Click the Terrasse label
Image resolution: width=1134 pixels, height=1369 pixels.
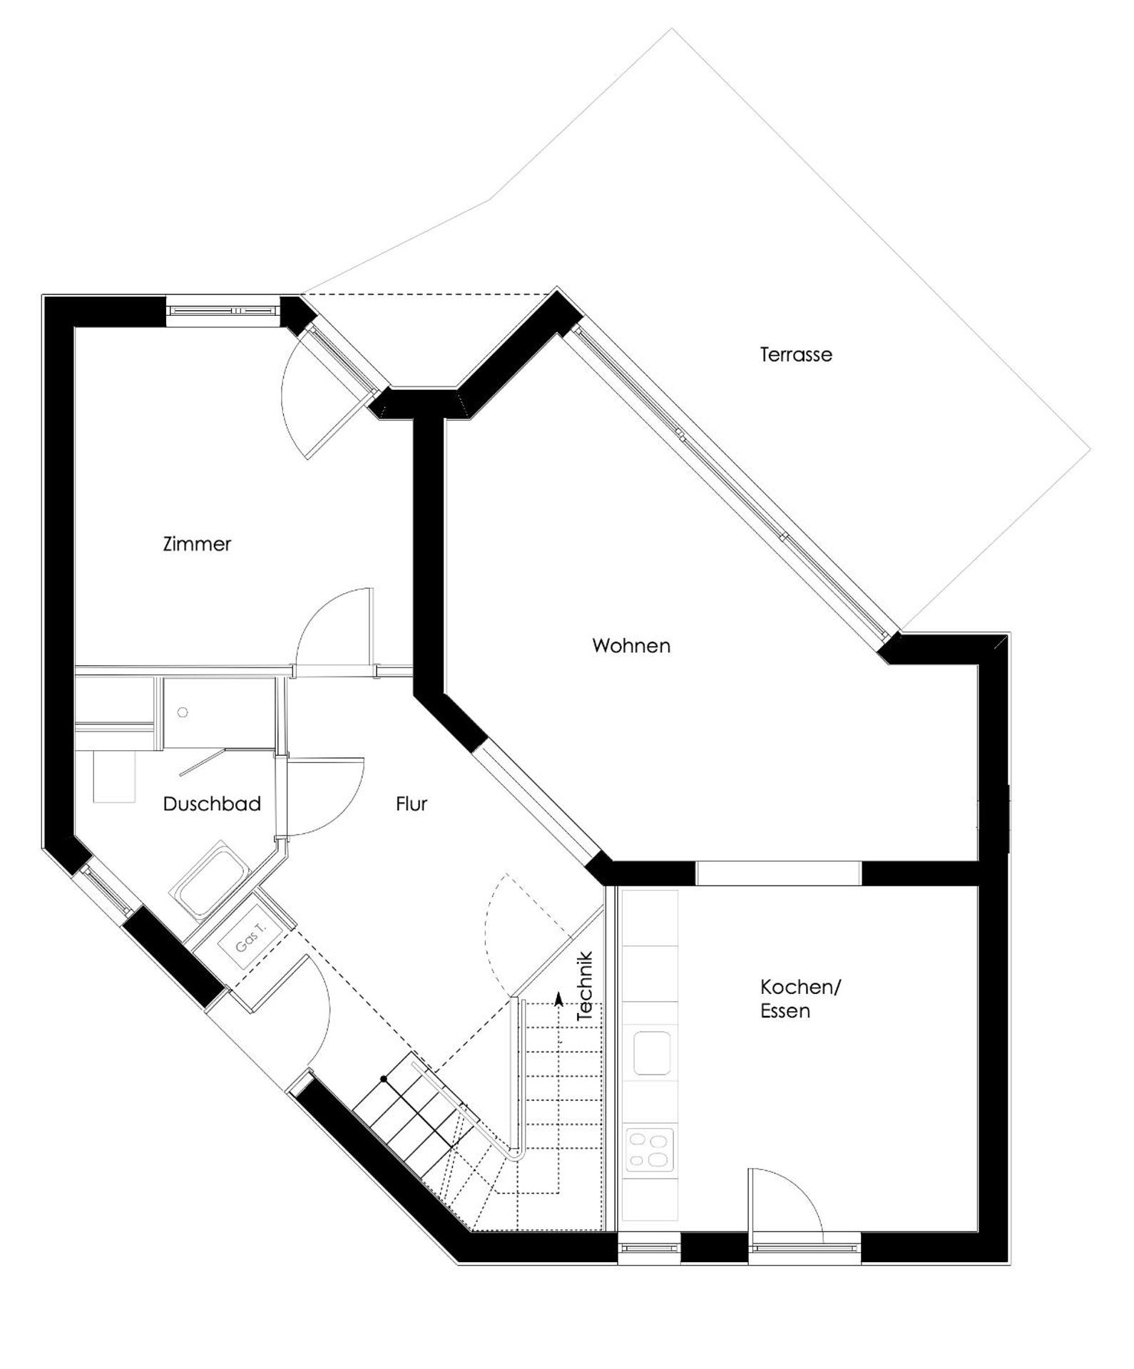(796, 354)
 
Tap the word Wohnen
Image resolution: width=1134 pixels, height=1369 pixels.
(631, 646)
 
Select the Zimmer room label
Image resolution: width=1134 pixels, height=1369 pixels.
(197, 544)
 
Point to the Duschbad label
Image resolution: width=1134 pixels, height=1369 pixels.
(212, 804)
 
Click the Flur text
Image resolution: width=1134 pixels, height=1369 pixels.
(412, 804)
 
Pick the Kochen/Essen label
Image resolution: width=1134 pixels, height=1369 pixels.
(800, 998)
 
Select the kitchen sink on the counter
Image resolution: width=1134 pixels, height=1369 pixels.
(651, 1052)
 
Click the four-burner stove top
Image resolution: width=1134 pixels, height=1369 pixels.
(650, 1149)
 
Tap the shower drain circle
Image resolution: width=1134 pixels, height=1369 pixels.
(183, 712)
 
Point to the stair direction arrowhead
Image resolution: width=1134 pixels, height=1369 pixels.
(558, 997)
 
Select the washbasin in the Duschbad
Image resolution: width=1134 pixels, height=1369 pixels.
(114, 776)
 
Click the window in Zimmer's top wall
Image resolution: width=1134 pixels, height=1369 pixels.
(223, 311)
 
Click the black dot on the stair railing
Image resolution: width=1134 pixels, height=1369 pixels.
(384, 1080)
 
